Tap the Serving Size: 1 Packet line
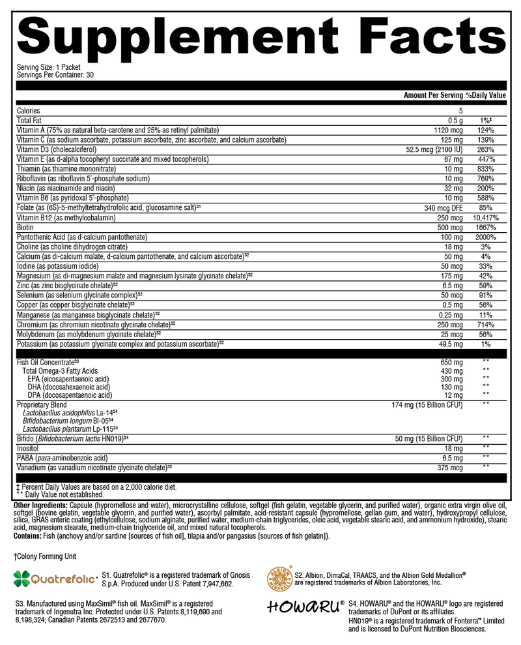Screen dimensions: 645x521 tap(46, 68)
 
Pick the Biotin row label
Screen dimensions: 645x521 tap(27, 228)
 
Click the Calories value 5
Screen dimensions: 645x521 tap(460, 111)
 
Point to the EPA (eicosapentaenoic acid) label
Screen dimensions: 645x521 tap(69, 379)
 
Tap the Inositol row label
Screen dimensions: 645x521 tap(29, 449)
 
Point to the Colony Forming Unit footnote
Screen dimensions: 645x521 tap(46, 556)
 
